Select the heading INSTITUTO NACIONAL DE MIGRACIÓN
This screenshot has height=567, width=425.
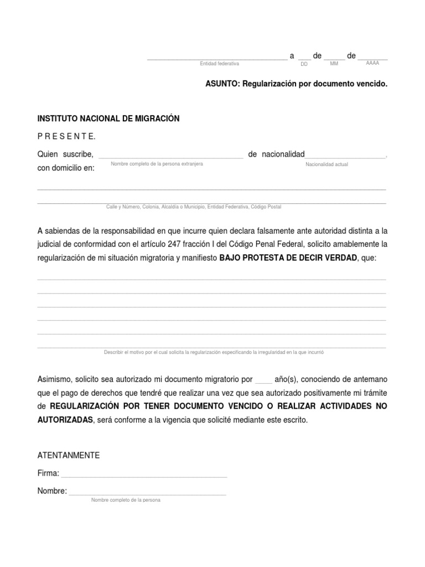coord(108,118)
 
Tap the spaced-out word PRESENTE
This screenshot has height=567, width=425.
coord(66,136)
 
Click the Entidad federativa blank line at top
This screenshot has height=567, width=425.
coord(217,56)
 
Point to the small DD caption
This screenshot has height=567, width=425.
coord(304,64)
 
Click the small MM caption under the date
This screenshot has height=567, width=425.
coord(334,64)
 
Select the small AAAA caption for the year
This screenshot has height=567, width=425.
coord(372,64)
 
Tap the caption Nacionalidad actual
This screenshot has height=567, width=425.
coord(326,165)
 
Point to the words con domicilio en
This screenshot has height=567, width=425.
coord(66,168)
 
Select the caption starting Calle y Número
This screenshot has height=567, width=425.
coord(194,207)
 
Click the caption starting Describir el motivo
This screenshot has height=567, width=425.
coord(214,352)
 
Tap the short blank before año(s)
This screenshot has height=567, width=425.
coord(263,380)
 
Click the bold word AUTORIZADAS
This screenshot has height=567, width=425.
coord(65,420)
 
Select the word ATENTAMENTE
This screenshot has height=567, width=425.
coord(68,455)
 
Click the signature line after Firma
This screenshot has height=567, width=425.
coord(144,475)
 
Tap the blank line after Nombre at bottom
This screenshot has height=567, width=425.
coord(147,492)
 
